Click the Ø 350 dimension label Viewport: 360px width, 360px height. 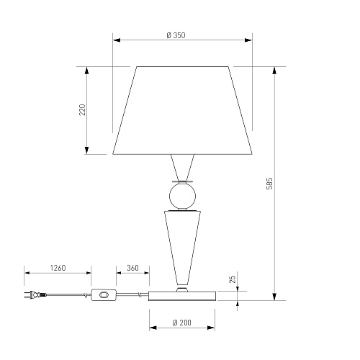click(x=176, y=35)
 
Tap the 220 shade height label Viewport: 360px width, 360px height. click(x=82, y=110)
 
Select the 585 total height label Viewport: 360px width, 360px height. click(x=270, y=184)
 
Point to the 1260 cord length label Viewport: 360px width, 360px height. click(x=58, y=268)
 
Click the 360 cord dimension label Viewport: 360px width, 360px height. click(x=132, y=268)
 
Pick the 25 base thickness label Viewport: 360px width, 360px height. click(x=233, y=279)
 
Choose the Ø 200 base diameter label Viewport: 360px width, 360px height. click(x=182, y=323)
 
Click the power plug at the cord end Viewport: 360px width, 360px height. click(x=35, y=294)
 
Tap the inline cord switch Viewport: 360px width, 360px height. click(x=104, y=294)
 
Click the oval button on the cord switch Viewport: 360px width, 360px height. click(x=104, y=294)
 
